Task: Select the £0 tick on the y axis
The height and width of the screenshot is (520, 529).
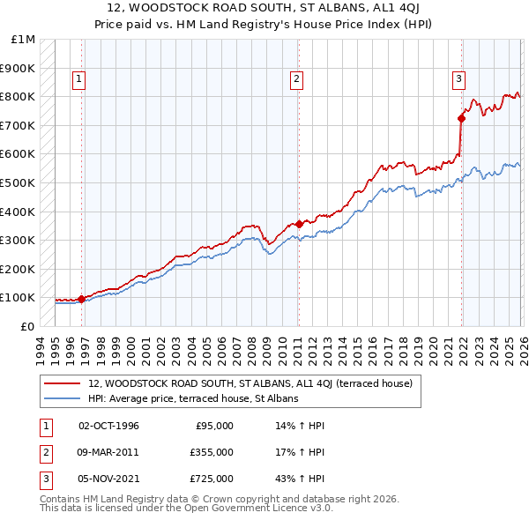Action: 28,326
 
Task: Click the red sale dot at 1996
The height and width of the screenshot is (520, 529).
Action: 82,299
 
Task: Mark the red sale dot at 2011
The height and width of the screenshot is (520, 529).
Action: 298,224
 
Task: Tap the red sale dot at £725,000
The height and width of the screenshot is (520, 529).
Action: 461,117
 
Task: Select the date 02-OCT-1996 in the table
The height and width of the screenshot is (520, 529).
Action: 109,426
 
